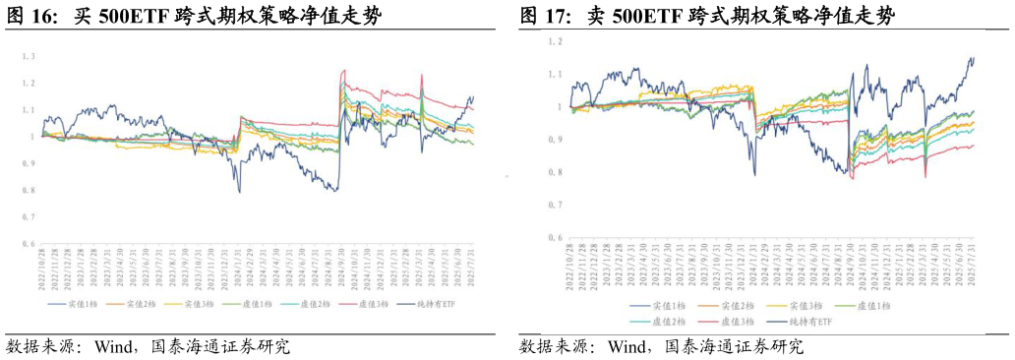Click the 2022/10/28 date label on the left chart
pos(42,269)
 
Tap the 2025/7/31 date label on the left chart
pos(473,269)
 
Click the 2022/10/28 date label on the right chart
pos(569,265)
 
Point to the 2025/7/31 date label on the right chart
pos(974,265)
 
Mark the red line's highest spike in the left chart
pos(343,70)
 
